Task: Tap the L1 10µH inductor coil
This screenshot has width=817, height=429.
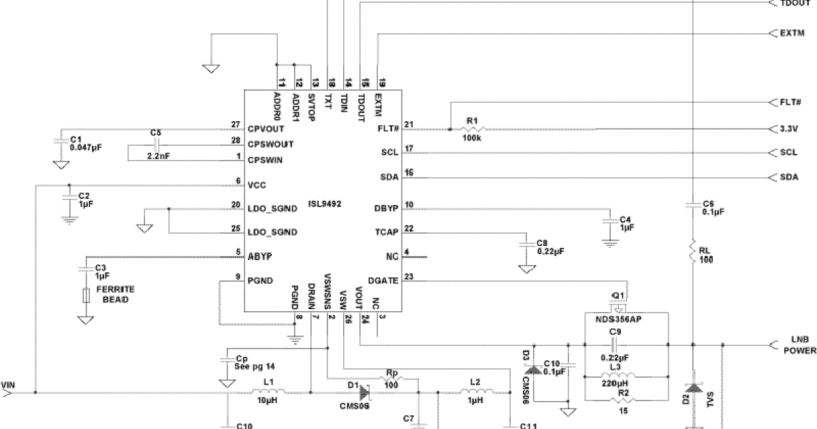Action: [268, 393]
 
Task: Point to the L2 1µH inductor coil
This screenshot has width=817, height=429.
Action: [476, 393]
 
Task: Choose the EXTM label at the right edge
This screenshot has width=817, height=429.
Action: [792, 33]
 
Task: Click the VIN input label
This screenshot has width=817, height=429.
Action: [9, 385]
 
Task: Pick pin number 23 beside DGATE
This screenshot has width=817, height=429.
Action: [408, 276]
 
